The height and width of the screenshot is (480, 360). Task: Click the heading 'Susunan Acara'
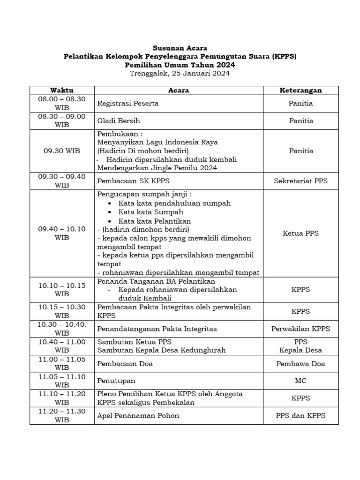point(180,48)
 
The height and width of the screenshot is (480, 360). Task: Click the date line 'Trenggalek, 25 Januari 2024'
point(180,74)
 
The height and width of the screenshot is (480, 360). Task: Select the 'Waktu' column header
point(62,90)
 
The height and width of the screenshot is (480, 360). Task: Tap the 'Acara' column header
point(178,90)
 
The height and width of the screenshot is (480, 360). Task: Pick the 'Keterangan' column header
point(300,90)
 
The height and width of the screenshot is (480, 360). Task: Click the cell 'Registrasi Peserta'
point(127,104)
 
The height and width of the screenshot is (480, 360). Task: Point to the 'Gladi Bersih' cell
point(118,121)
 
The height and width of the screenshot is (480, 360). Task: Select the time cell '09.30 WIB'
point(62,151)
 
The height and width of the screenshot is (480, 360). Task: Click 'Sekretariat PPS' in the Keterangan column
point(300,181)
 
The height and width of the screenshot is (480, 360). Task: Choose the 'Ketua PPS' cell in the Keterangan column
point(300,233)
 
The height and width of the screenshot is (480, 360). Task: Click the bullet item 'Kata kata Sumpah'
point(150,212)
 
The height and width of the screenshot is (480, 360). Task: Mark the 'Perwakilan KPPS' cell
point(300,329)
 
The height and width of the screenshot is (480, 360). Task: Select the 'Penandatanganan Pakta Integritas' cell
point(150,329)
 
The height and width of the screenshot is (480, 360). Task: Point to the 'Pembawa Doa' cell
point(300,364)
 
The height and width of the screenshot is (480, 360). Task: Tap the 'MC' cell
point(300,381)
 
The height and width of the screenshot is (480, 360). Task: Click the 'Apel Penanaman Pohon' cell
point(138,415)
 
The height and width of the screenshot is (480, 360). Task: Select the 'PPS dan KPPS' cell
point(300,415)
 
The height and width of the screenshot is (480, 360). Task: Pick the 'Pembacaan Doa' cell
point(125,364)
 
